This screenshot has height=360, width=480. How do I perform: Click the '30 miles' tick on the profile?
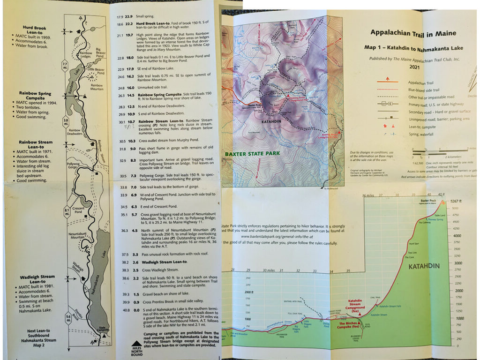268,270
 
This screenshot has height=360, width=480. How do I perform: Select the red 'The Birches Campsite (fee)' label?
348,325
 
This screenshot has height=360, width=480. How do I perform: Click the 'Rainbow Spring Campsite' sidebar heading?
35,96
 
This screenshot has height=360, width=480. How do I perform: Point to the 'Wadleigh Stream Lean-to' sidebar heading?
35,279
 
